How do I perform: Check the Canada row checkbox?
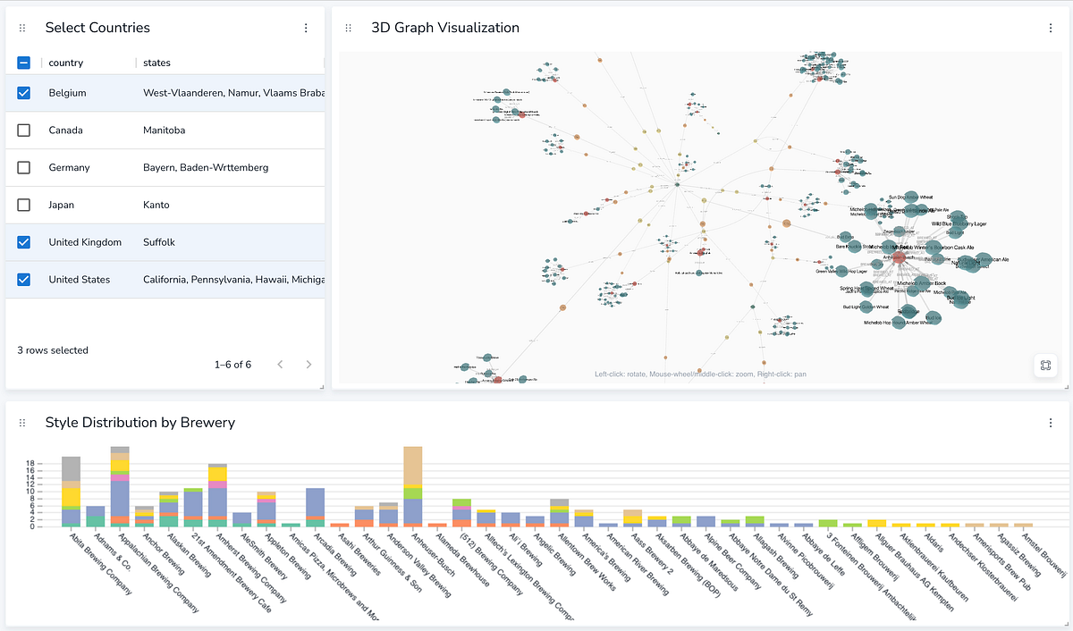pyautogui.click(x=24, y=130)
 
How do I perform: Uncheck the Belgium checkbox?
pyautogui.click(x=24, y=93)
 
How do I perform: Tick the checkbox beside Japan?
pyautogui.click(x=24, y=206)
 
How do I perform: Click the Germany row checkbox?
pyautogui.click(x=24, y=168)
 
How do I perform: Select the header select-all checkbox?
pyautogui.click(x=24, y=63)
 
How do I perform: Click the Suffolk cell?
pyautogui.click(x=161, y=242)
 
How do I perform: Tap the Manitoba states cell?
pyautogui.click(x=164, y=130)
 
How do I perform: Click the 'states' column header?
pyautogui.click(x=156, y=63)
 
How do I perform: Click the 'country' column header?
pyautogui.click(x=66, y=63)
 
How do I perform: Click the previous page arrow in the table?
pyautogui.click(x=280, y=365)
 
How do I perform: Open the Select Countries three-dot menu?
pyautogui.click(x=306, y=28)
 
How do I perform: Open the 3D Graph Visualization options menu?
pyautogui.click(x=1051, y=28)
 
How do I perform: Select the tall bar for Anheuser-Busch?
pyautogui.click(x=412, y=486)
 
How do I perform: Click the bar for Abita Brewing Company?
pyautogui.click(x=72, y=492)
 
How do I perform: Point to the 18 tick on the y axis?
pyautogui.click(x=30, y=463)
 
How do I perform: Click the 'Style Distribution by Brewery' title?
pyautogui.click(x=139, y=422)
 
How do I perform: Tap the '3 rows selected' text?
pyautogui.click(x=53, y=350)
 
